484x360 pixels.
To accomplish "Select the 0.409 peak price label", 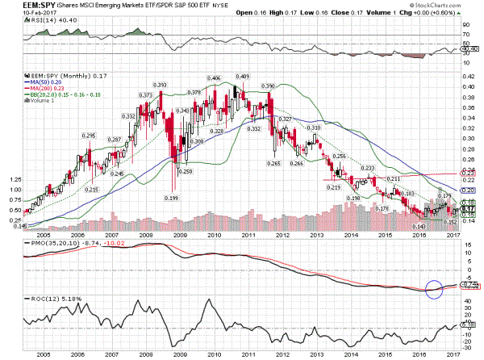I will (242, 76).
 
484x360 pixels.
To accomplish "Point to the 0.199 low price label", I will (171, 198).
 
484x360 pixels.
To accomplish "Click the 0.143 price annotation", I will (419, 226).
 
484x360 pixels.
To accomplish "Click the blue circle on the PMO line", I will (433, 288).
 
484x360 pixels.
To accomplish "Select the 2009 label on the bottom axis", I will (180, 353).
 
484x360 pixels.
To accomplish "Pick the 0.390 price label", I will (268, 85).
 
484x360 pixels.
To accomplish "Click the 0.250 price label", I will (186, 171).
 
